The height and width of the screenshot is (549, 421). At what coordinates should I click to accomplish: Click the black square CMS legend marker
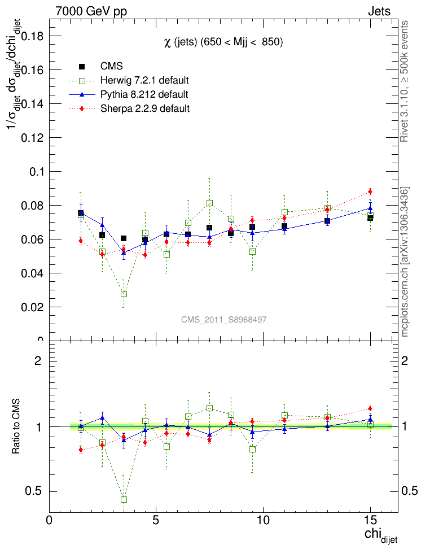tap(82, 67)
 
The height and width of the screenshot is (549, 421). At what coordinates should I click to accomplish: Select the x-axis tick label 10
tap(263, 520)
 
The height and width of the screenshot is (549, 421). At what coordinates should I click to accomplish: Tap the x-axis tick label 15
tap(370, 520)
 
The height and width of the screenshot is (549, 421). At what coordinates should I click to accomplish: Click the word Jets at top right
tap(379, 12)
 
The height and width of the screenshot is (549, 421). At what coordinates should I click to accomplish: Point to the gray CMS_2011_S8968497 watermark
tap(224, 320)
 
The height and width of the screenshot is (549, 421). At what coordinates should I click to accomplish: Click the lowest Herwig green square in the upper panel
tap(124, 294)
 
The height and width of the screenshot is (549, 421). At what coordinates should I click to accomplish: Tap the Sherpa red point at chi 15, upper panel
tap(370, 191)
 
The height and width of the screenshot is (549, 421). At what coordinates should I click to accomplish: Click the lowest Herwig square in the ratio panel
tap(124, 499)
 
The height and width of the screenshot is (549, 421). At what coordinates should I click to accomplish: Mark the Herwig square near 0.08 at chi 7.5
tap(209, 203)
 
